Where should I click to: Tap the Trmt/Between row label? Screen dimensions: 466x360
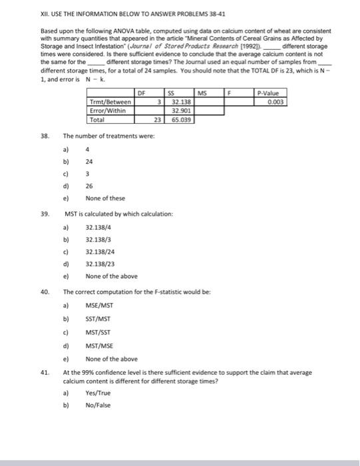(110, 103)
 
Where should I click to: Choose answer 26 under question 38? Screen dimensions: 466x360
(90, 186)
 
